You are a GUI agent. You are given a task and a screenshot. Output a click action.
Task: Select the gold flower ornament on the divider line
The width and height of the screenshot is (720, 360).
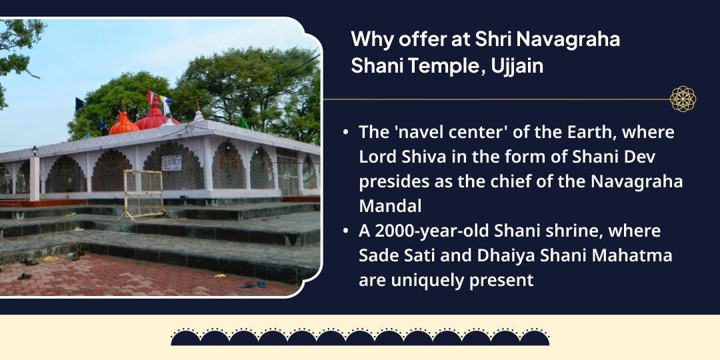683,99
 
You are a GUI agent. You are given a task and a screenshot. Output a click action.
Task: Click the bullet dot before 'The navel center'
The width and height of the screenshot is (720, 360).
345,133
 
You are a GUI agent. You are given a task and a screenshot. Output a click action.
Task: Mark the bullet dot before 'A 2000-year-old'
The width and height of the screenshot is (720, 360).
345,231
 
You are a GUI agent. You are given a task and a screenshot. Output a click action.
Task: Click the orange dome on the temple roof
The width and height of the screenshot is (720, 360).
124,123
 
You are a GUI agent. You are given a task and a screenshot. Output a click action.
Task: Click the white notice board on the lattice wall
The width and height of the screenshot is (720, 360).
171,163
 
